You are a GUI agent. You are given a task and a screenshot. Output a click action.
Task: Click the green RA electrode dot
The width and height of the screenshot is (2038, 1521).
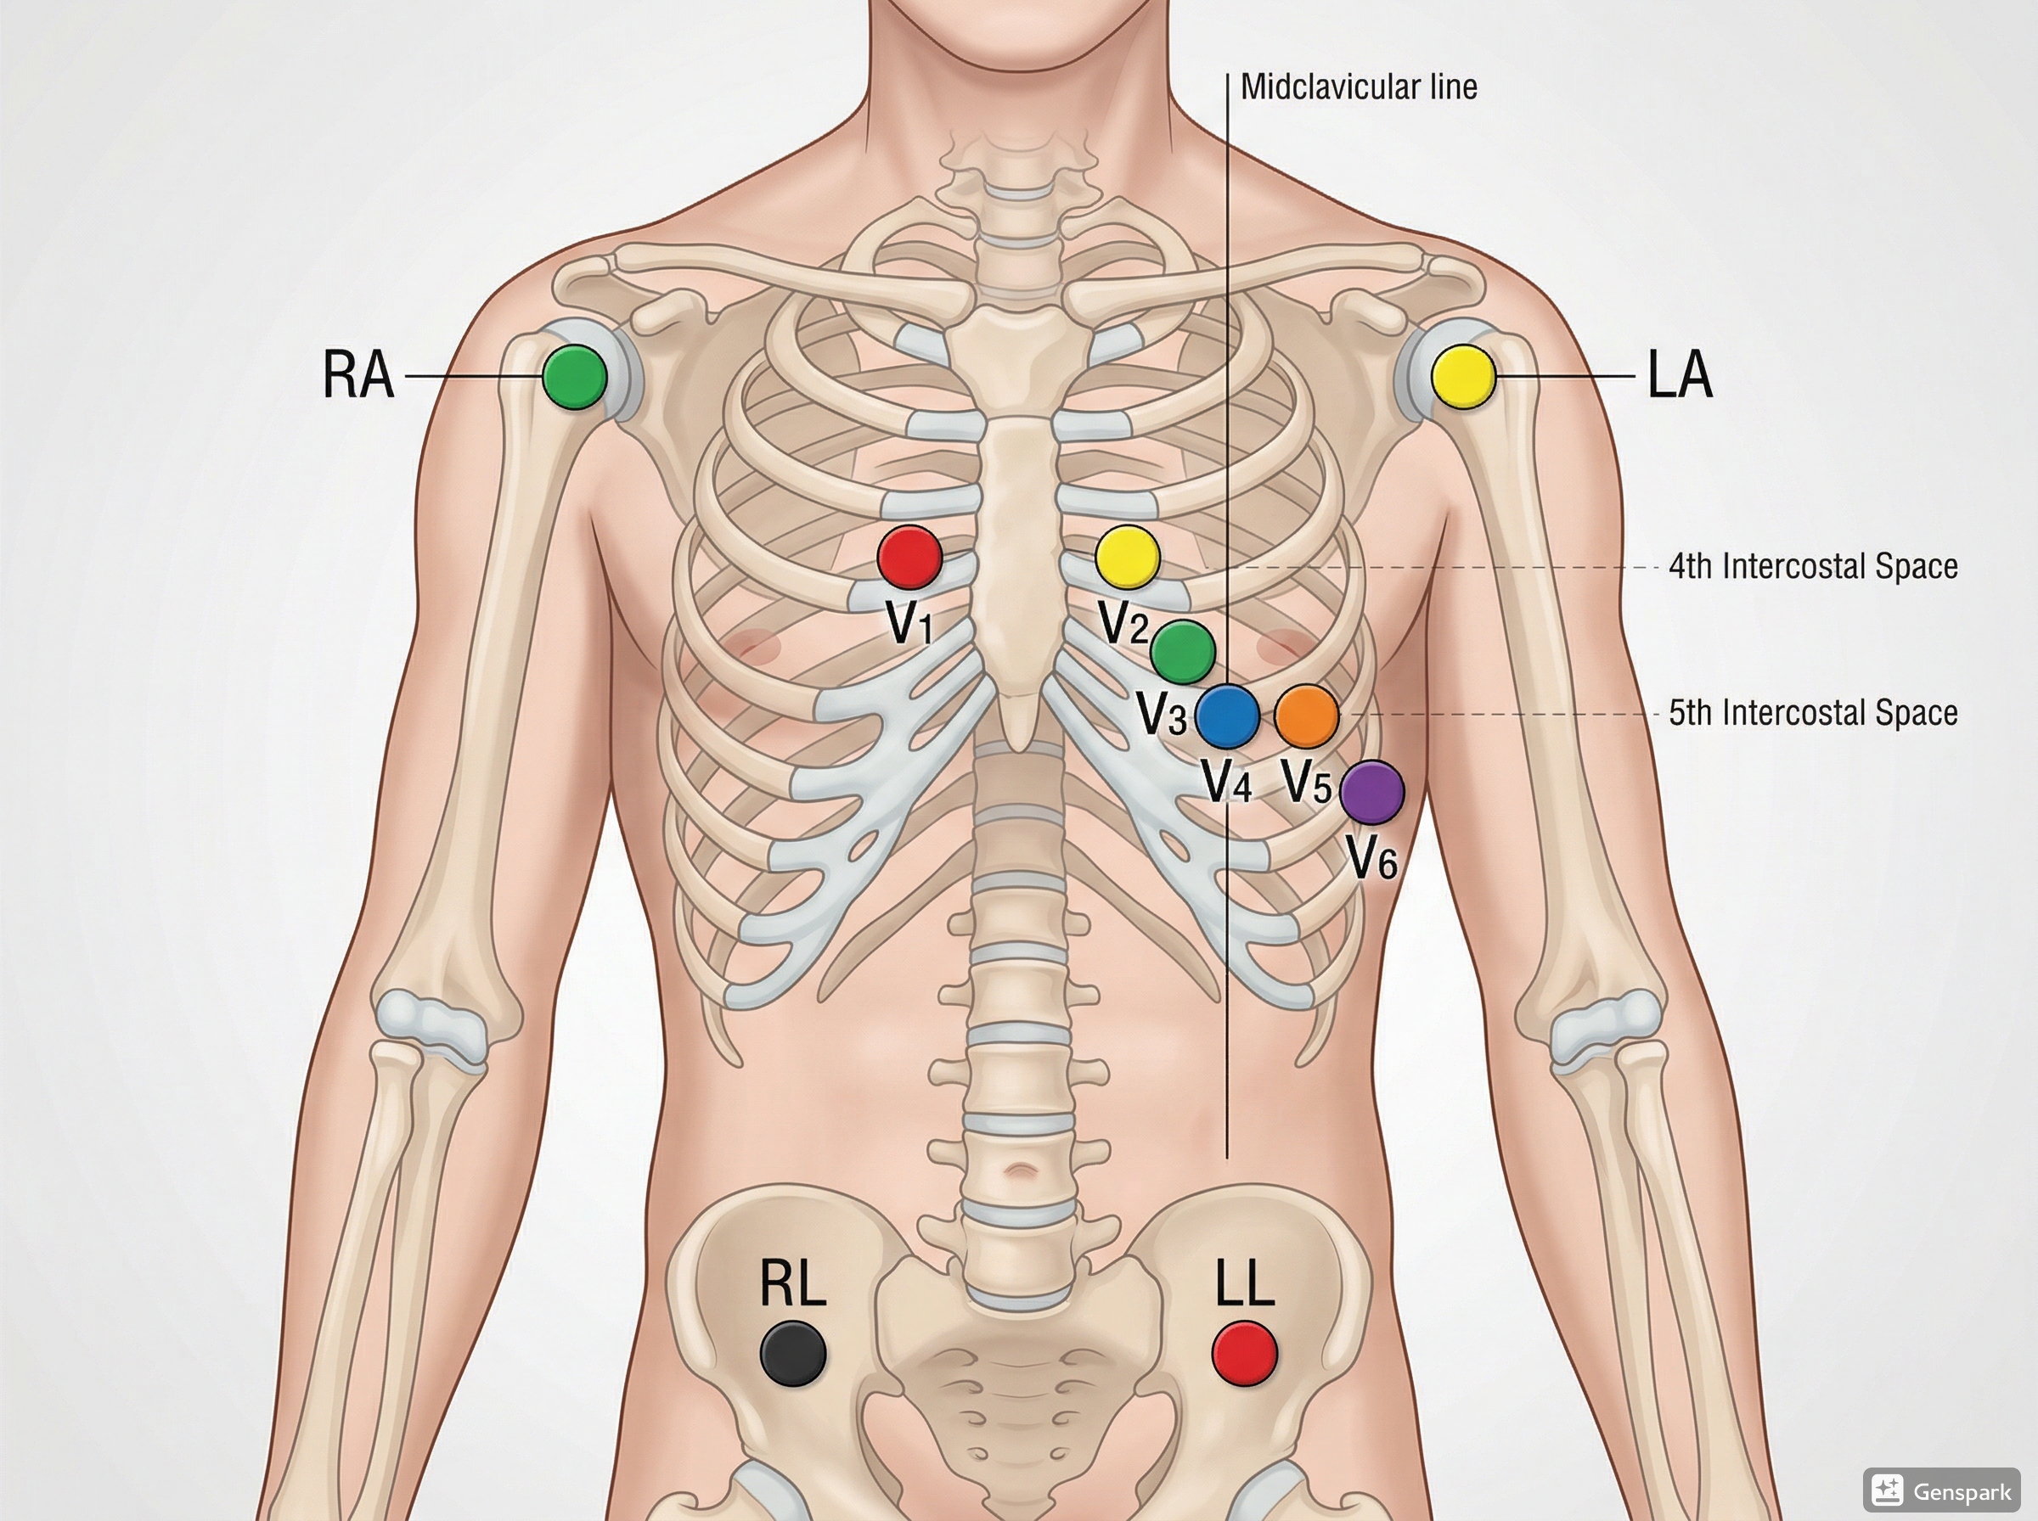[x=574, y=376]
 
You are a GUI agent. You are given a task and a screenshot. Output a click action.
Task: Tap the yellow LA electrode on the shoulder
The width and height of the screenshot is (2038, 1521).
[x=1463, y=376]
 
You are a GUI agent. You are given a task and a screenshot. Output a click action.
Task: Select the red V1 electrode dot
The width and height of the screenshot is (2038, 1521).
[x=909, y=557]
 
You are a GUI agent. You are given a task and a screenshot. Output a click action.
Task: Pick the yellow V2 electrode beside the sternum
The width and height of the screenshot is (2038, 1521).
[x=1127, y=557]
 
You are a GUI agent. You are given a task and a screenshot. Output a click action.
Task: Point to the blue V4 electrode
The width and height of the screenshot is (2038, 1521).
[x=1227, y=716]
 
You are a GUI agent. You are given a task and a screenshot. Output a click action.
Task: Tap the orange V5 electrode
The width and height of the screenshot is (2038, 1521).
[x=1306, y=716]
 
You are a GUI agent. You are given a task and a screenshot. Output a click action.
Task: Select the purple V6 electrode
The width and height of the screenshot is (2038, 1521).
[x=1371, y=791]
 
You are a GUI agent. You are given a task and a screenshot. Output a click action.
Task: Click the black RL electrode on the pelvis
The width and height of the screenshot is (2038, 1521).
[x=793, y=1352]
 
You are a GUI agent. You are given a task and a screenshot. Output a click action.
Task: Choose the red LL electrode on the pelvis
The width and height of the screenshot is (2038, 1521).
[x=1244, y=1352]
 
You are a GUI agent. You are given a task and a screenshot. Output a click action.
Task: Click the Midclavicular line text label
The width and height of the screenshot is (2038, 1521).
[x=1359, y=87]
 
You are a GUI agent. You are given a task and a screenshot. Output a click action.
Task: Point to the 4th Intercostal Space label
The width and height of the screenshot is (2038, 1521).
[x=1812, y=566]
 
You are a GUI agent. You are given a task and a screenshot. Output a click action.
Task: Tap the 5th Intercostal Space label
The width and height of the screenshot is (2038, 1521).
[x=1812, y=714]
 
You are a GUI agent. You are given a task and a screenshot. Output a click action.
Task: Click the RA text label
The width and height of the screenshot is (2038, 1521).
[x=358, y=376]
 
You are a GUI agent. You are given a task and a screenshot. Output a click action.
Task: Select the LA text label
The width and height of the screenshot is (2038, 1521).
[x=1680, y=376]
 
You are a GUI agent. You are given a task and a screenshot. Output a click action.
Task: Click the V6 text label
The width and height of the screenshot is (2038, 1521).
[x=1372, y=858]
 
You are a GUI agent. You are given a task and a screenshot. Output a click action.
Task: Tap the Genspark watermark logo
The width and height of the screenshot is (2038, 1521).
[x=1940, y=1489]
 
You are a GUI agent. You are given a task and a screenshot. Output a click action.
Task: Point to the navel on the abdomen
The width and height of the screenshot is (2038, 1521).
[x=1016, y=1171]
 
